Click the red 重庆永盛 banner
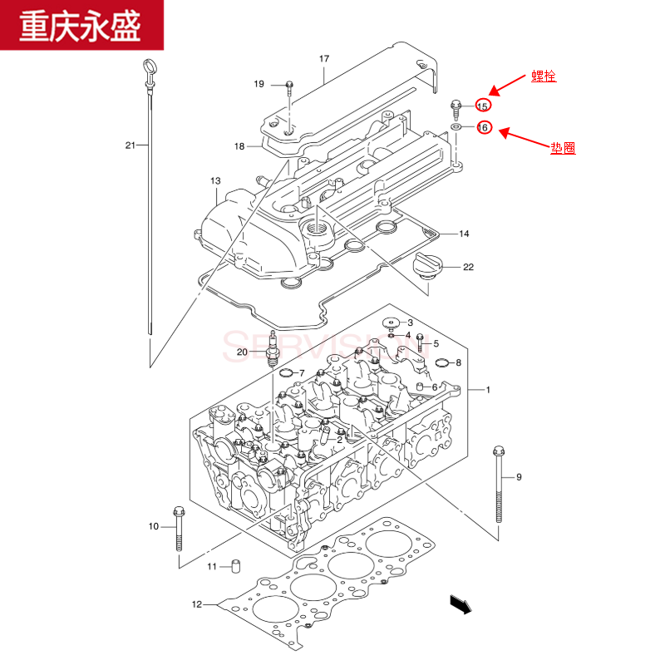[81, 24]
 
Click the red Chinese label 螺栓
[544, 76]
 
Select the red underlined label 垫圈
[563, 148]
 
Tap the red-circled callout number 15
[483, 106]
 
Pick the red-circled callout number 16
[483, 128]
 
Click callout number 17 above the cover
[324, 58]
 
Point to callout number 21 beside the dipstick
[131, 145]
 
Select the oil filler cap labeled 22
[425, 268]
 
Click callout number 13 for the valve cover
[215, 180]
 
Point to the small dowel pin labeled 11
[235, 566]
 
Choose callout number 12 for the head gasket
[197, 604]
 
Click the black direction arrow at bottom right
[460, 604]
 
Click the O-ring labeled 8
[441, 362]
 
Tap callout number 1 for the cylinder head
[488, 390]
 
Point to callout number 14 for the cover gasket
[464, 234]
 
